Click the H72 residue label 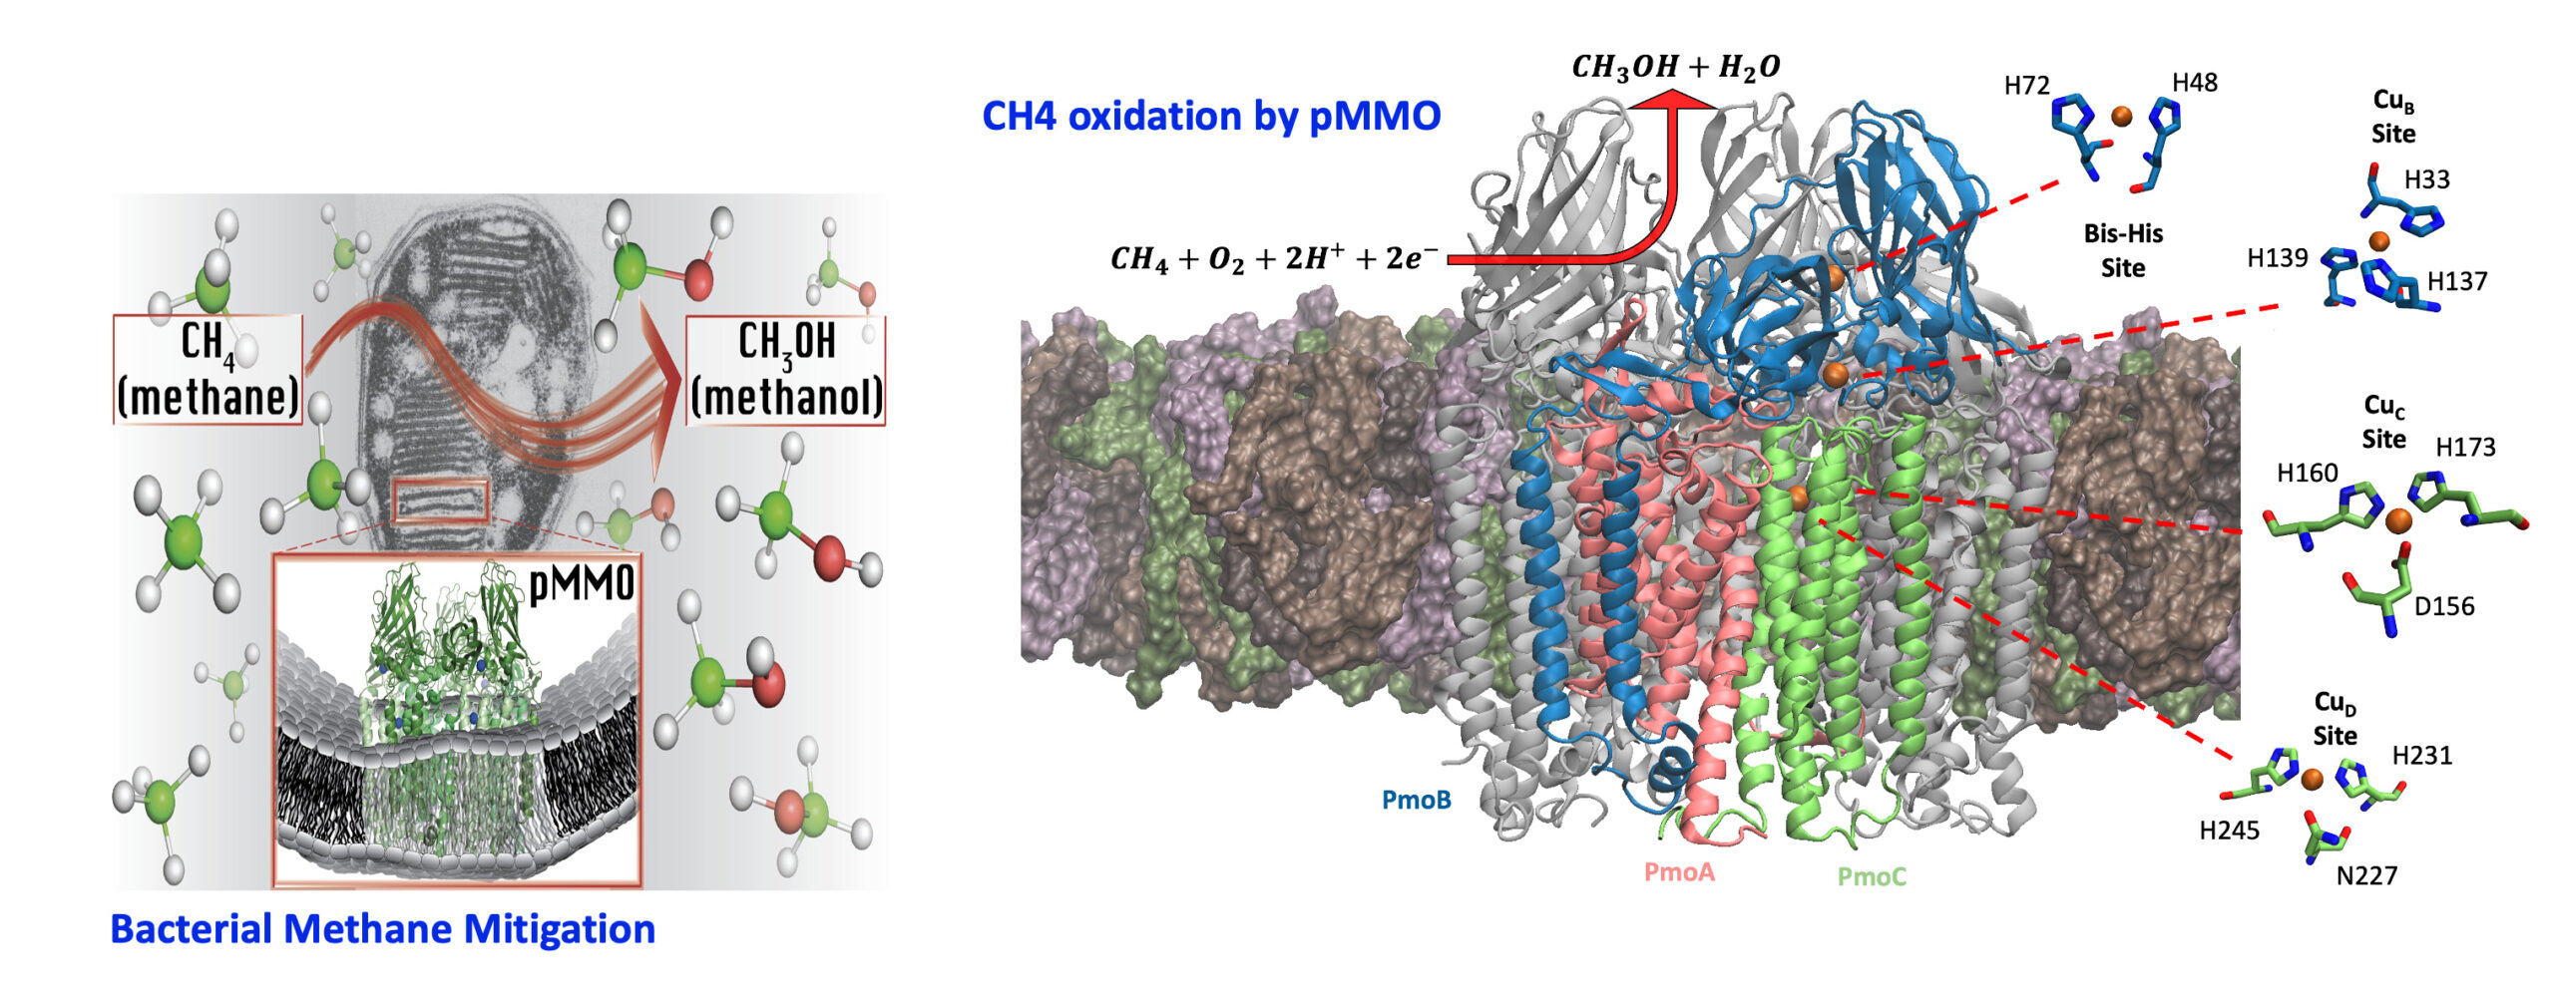pos(2026,86)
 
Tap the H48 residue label pos(2195,83)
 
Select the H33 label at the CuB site pos(2426,179)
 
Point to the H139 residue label pos(2277,258)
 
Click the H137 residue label pos(2456,282)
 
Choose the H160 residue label pos(2307,473)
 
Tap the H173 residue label pos(2465,448)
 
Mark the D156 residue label pos(2444,606)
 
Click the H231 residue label pos(2421,756)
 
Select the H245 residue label pos(2229,831)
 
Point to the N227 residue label pos(2366,875)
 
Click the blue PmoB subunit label pos(1416,800)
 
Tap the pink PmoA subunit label pos(1679,872)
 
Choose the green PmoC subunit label pos(1872,876)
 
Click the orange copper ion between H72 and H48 pos(2122,117)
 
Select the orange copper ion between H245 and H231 pos(2313,779)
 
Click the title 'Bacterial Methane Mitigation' pos(382,929)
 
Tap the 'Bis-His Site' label pos(2123,250)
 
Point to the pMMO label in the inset pos(581,583)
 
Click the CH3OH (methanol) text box pos(785,370)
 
